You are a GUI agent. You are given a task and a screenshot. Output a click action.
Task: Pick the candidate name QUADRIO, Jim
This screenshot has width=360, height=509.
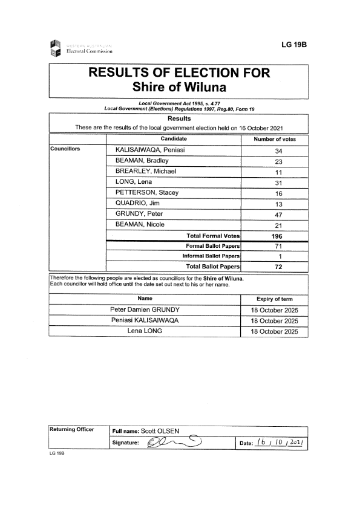137,203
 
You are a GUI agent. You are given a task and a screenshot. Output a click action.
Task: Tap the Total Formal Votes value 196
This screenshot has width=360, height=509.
275,236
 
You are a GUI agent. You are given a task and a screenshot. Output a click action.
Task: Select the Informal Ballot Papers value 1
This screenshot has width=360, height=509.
275,256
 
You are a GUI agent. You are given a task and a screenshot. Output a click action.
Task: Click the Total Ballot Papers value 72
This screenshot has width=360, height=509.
275,267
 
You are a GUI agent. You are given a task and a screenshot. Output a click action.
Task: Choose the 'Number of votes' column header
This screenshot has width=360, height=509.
275,139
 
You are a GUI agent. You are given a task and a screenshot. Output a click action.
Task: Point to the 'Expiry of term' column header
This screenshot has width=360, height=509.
275,299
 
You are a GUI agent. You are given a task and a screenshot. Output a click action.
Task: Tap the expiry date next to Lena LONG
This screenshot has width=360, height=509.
275,332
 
